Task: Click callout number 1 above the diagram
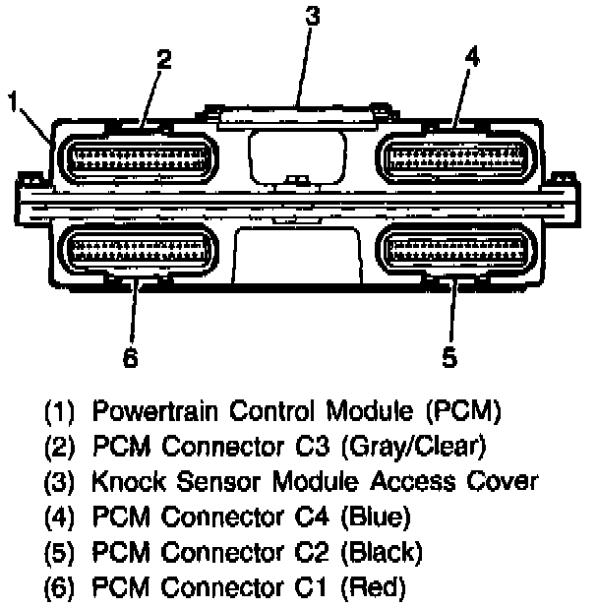coord(14,100)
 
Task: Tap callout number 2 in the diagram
coord(163,59)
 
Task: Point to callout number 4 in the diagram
coord(471,57)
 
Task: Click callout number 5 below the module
coord(449,357)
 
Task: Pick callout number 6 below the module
coord(130,357)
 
